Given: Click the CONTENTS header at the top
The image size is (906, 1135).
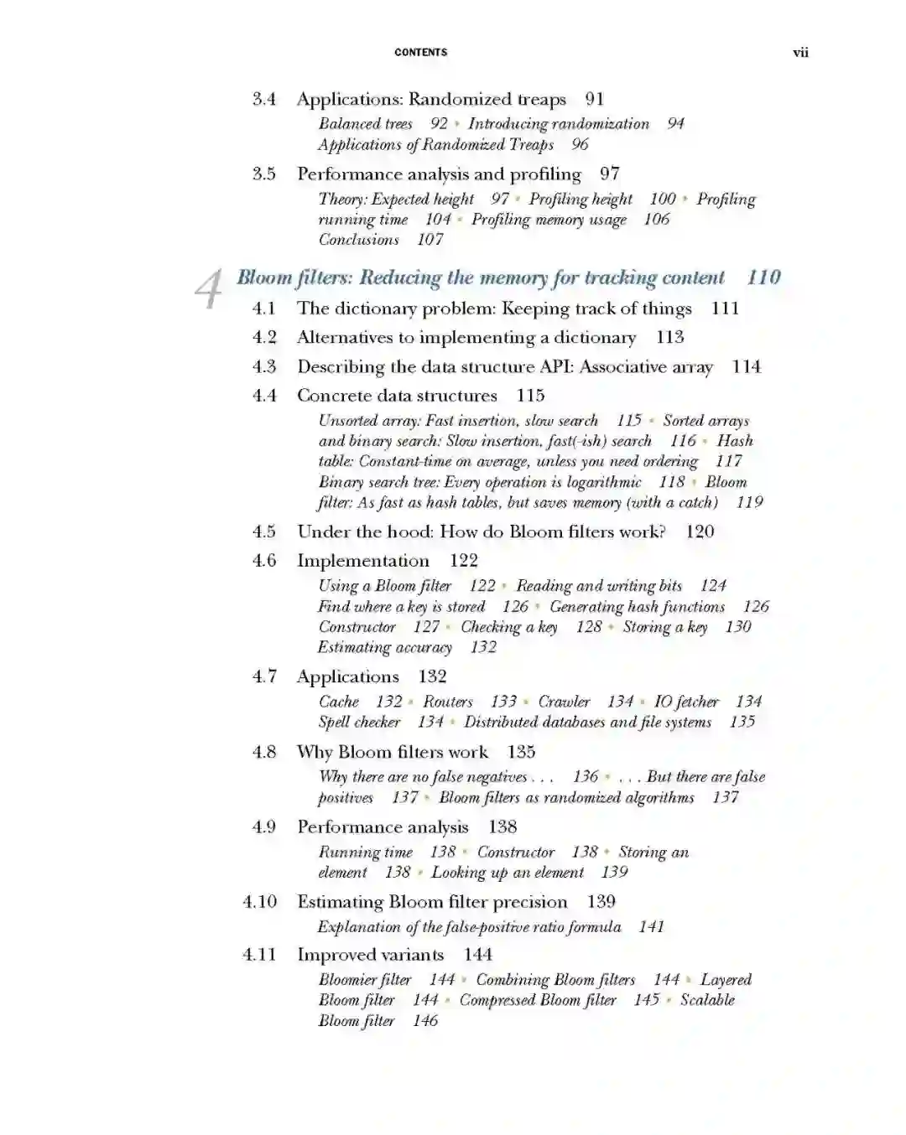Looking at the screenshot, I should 420,52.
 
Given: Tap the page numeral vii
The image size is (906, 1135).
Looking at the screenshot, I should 800,52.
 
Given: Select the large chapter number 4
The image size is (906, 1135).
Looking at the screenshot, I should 208,288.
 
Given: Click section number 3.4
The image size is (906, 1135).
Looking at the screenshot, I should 264,99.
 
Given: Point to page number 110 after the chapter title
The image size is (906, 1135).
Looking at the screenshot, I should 763,277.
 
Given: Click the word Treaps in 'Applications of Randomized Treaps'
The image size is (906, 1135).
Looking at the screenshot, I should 531,144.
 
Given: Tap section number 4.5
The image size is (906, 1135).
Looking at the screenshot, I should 264,531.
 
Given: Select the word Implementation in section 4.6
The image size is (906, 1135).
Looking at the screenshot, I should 362,561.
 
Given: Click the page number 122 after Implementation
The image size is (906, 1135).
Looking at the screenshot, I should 463,561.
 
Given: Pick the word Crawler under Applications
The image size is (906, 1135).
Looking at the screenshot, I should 564,702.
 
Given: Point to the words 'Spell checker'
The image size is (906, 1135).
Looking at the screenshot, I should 359,722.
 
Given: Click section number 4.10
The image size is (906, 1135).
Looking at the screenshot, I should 259,902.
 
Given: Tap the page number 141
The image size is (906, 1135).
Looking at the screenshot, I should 651,927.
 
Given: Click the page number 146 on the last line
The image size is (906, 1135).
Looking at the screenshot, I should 425,1021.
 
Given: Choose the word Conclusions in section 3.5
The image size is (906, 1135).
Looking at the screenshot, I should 358,240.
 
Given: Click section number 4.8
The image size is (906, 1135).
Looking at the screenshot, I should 264,752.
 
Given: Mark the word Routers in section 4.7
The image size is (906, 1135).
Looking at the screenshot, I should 447,702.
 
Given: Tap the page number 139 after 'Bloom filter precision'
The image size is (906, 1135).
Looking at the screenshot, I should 601,902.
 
